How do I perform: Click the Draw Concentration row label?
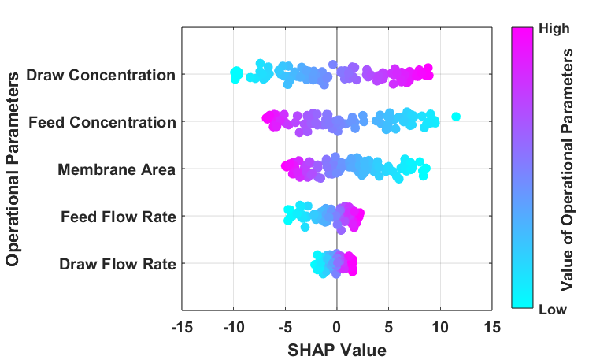click(x=101, y=75)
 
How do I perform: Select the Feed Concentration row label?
click(x=102, y=122)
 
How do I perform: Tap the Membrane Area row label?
click(x=117, y=169)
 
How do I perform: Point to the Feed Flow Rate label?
click(x=118, y=217)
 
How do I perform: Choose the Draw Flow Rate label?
click(x=117, y=264)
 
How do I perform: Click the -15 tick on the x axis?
click(x=182, y=327)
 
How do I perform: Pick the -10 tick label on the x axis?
click(x=234, y=327)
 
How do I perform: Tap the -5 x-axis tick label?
click(x=285, y=327)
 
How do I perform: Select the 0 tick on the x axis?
click(x=337, y=327)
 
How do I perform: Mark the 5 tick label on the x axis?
click(x=388, y=327)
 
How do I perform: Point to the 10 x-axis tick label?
click(x=440, y=327)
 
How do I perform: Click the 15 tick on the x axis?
click(x=492, y=327)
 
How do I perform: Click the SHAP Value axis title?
click(x=337, y=350)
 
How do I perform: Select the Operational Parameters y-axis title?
click(x=13, y=169)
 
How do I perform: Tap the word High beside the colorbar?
click(x=554, y=28)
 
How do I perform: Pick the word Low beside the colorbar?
click(x=553, y=310)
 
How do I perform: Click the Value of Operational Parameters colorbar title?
click(x=568, y=169)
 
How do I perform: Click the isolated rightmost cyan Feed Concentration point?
click(x=456, y=117)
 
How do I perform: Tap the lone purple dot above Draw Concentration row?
click(x=332, y=65)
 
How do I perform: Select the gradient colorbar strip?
click(x=522, y=168)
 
